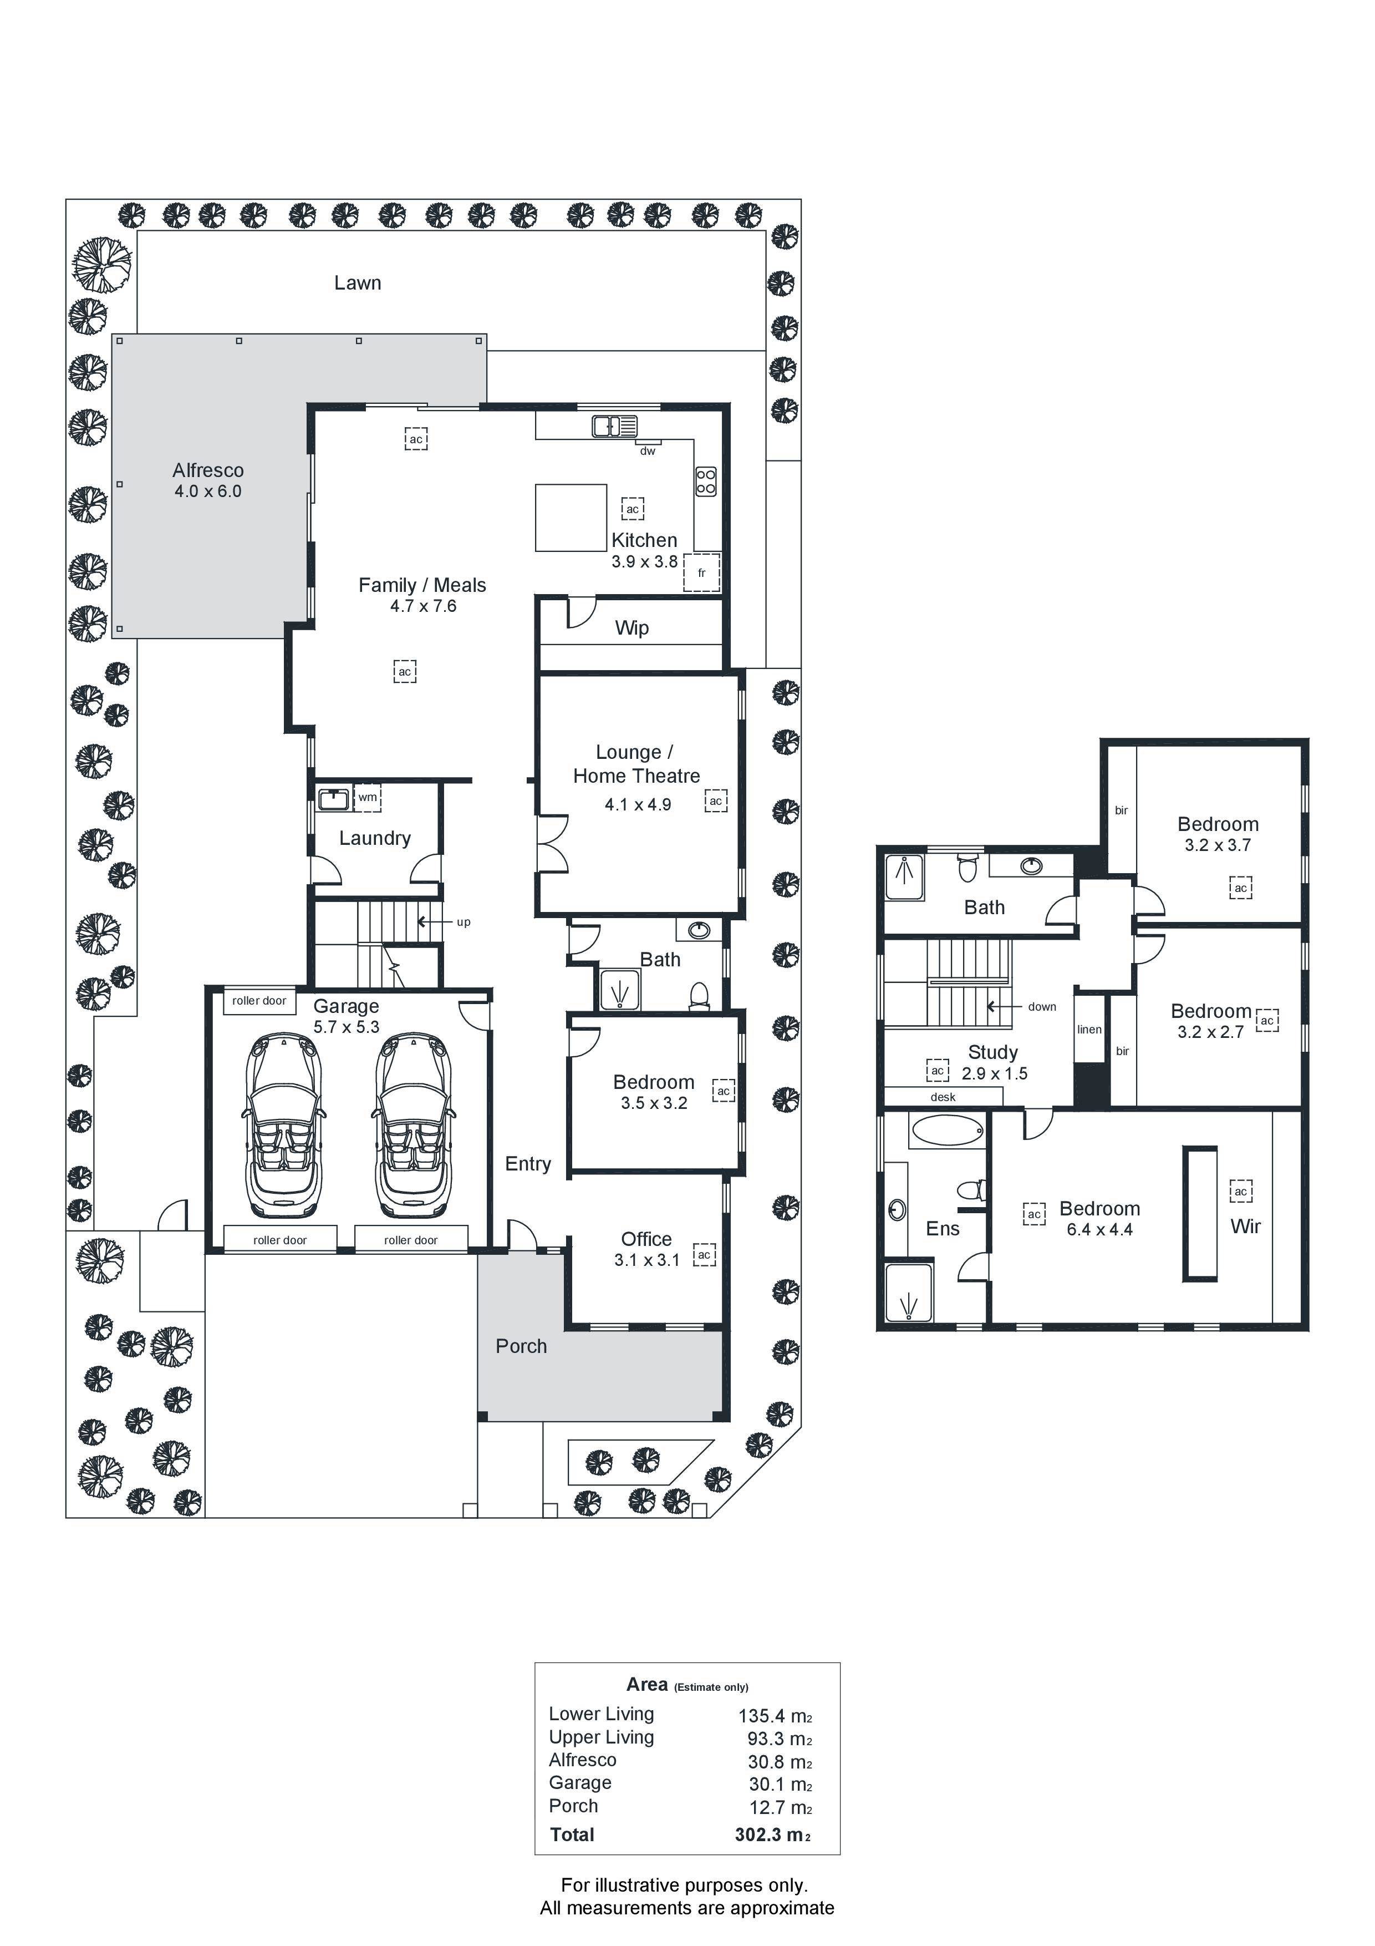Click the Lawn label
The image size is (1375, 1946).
358,283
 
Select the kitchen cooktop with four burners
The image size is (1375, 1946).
706,482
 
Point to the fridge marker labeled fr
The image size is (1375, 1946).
701,573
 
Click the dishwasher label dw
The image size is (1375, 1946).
647,451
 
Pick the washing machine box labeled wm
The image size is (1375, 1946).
368,798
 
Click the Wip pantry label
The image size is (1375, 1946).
632,628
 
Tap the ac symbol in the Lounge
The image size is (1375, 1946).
716,801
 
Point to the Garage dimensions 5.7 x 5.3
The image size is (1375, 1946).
347,1027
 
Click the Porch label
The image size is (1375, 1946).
521,1346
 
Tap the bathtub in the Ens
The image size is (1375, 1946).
947,1130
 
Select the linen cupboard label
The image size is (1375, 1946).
1089,1030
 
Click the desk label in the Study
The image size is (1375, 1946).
943,1097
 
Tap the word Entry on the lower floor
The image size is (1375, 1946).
528,1164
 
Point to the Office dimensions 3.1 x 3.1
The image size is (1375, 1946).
647,1260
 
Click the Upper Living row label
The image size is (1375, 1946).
602,1737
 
